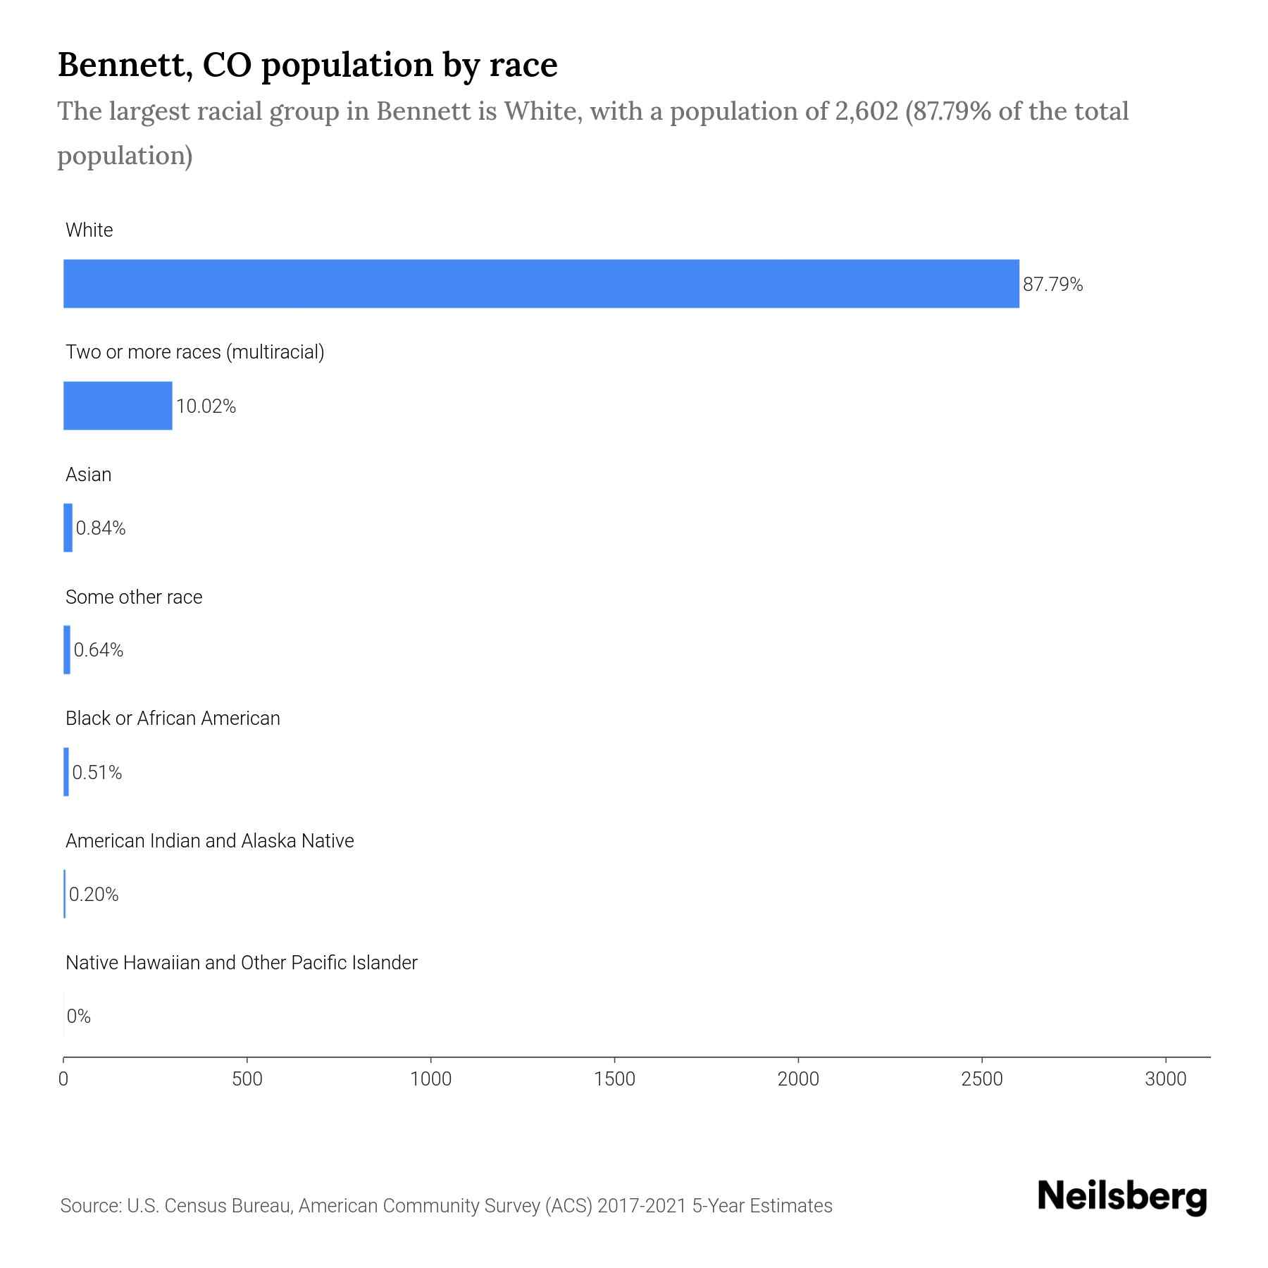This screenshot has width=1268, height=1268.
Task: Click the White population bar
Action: [541, 283]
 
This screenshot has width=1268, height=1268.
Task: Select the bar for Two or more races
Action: [118, 406]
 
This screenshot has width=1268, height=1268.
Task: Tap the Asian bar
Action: [68, 528]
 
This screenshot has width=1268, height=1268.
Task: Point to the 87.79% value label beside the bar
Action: [1052, 285]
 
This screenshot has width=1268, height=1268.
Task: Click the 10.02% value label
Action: [206, 406]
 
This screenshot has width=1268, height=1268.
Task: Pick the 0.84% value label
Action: [101, 528]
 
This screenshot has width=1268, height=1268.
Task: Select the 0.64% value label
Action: [99, 650]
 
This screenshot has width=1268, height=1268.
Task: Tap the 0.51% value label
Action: [97, 773]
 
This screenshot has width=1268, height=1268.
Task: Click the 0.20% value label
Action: [94, 895]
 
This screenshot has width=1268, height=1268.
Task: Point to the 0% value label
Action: [79, 1017]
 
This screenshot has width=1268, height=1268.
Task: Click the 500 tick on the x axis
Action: [247, 1079]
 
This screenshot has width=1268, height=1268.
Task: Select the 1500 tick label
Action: [615, 1079]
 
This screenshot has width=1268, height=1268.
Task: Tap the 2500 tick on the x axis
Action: [982, 1079]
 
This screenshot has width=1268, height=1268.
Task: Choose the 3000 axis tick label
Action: [1166, 1079]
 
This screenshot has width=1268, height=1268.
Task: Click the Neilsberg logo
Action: [1122, 1197]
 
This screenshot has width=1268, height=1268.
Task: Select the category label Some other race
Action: [134, 597]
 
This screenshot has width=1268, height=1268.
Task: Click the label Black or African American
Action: [173, 719]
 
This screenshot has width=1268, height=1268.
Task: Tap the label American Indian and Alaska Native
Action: [209, 841]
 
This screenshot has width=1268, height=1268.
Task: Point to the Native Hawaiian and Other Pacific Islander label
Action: [241, 963]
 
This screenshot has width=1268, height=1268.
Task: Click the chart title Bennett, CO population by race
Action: [307, 65]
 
